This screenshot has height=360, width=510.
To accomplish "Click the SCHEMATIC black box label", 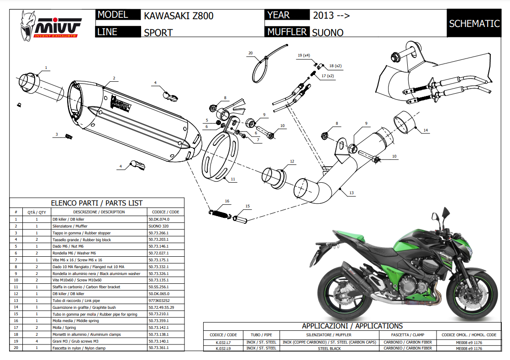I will coord(474,24).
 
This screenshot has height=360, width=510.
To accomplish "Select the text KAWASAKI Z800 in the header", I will coord(179,16).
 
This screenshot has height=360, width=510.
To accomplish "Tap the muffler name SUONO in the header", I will coord(327,32).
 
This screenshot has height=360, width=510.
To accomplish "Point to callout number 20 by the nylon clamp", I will coord(250,53).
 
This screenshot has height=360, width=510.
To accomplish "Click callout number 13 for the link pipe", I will coord(351,193).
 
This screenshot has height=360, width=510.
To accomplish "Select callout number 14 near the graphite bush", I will coord(426,131).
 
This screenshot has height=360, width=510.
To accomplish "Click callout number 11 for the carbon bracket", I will coord(233,180).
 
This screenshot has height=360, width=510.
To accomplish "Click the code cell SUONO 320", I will coord(158,226).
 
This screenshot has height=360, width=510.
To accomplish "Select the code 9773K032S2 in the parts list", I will coord(159,301).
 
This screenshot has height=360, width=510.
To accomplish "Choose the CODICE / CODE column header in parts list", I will coord(165,212).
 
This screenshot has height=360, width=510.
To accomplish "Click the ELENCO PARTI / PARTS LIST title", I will coord(96,203).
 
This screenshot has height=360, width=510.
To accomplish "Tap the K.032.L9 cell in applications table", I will coord(223,348).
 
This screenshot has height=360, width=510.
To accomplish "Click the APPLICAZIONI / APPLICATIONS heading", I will coord(352,326).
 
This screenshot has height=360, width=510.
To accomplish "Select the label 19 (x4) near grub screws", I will coord(304,55).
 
